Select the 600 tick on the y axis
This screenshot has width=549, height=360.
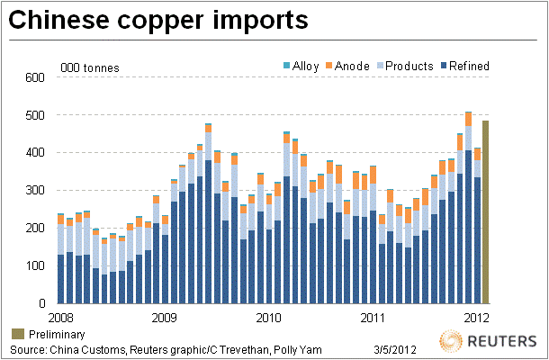coord(32,77)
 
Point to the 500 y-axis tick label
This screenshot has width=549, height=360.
coord(32,115)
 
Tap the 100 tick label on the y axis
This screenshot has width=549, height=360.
coord(32,266)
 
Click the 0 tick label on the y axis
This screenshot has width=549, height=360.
coord(40,304)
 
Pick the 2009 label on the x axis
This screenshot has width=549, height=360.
coord(164,317)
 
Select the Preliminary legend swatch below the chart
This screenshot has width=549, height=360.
coord(17,334)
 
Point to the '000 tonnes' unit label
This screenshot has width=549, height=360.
coord(89,67)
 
